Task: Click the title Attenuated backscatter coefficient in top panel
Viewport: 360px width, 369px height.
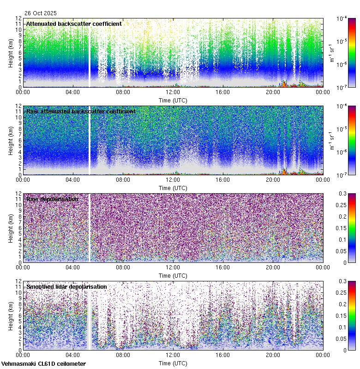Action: pyautogui.click(x=74, y=24)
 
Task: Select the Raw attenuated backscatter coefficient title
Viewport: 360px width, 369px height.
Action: pyautogui.click(x=81, y=111)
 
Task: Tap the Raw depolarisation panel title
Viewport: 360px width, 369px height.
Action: pyautogui.click(x=52, y=199)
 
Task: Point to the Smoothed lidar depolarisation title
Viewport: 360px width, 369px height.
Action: pyautogui.click(x=66, y=286)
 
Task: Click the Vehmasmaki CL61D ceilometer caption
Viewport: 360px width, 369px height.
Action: pyautogui.click(x=43, y=364)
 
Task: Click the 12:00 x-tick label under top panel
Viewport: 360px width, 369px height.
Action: pyautogui.click(x=173, y=92)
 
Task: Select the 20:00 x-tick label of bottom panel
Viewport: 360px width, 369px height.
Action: pyautogui.click(x=273, y=355)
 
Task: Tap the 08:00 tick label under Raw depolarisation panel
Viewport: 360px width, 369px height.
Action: pyautogui.click(x=123, y=267)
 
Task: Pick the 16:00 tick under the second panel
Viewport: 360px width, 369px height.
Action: pyautogui.click(x=223, y=179)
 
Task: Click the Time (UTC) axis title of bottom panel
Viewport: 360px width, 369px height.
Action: pyautogui.click(x=173, y=363)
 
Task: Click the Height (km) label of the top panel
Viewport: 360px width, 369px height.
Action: pyautogui.click(x=11, y=53)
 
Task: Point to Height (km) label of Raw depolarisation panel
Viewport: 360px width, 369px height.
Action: pyautogui.click(x=11, y=228)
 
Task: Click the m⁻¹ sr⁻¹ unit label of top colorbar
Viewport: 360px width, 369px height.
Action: pyautogui.click(x=331, y=53)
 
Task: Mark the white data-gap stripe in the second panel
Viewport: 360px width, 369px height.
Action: pyautogui.click(x=90, y=140)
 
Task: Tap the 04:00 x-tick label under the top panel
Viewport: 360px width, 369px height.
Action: pyautogui.click(x=73, y=92)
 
